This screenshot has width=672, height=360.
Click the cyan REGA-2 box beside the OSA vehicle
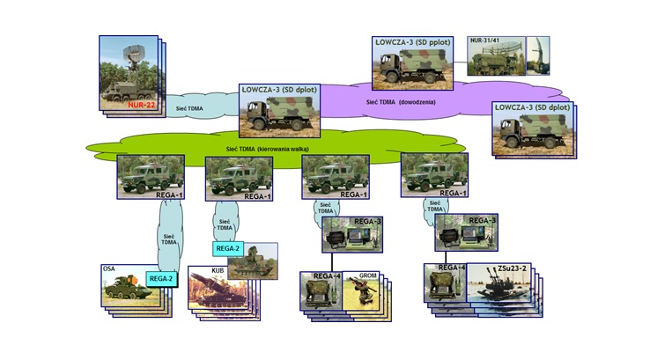click(x=161, y=278)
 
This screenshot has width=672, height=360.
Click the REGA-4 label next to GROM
click(x=326, y=276)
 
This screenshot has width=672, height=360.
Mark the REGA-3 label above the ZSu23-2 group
click(x=482, y=220)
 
